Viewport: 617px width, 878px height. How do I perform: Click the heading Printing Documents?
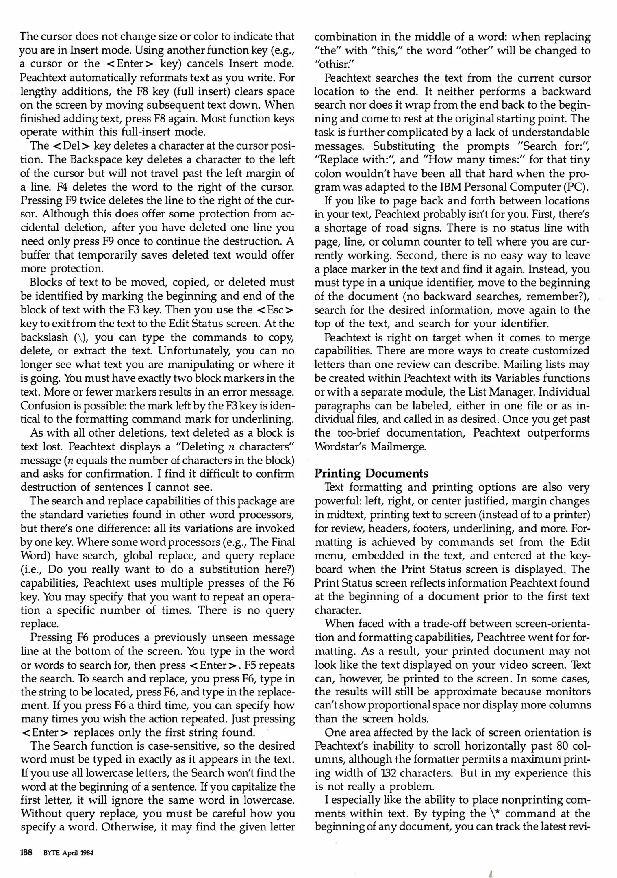click(x=372, y=474)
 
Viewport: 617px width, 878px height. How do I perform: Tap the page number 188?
click(x=26, y=853)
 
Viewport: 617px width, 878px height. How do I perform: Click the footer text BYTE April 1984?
click(x=68, y=853)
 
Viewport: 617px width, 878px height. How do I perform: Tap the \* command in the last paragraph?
click(x=495, y=814)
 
